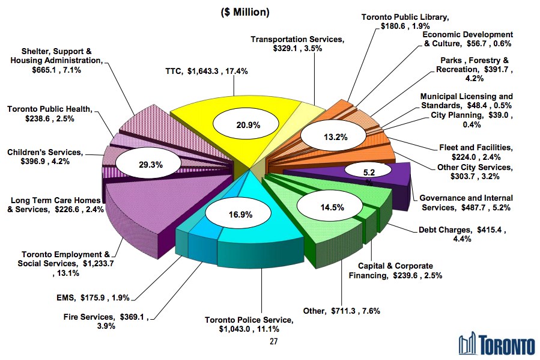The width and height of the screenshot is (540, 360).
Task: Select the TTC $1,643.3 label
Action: coord(207,71)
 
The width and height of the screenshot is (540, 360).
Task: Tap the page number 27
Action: coord(274,342)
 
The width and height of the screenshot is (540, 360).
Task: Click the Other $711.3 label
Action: coord(341,311)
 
